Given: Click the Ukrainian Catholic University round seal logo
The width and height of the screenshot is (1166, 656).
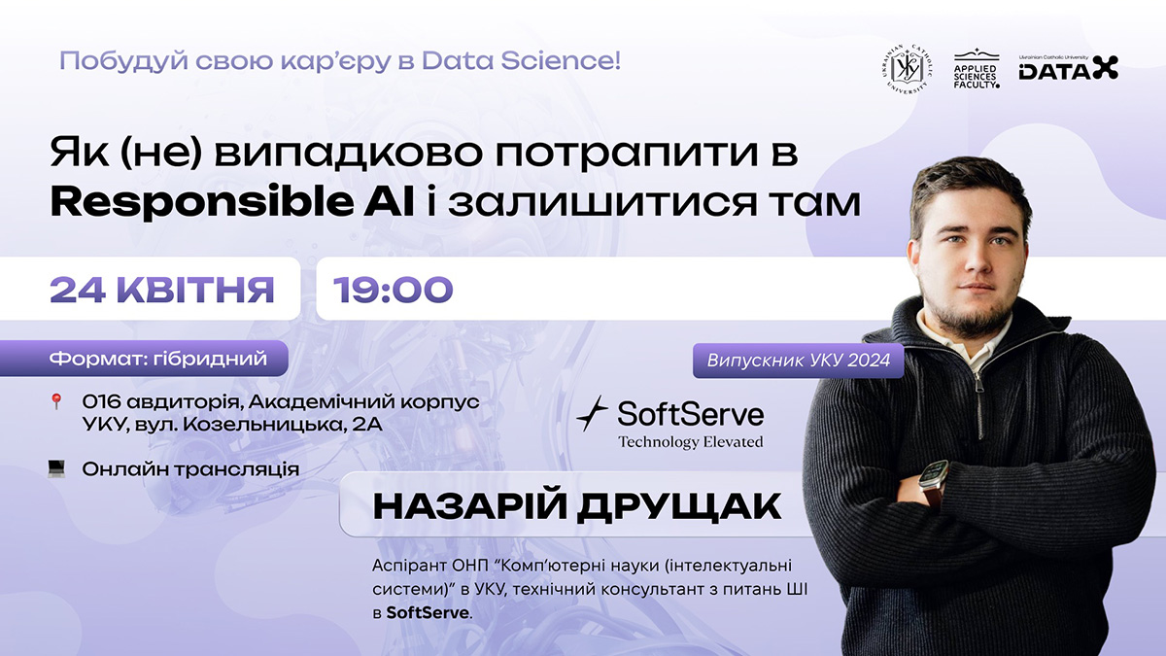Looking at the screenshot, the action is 907,69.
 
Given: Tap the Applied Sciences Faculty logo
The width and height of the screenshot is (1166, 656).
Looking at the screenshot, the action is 977,69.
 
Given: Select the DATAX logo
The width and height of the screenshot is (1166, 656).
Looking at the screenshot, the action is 1068,68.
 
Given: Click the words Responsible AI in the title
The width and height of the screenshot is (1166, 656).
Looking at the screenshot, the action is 232,203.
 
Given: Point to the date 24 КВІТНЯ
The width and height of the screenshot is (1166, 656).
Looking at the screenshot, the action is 162,290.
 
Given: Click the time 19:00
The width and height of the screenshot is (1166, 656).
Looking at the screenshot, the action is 393,290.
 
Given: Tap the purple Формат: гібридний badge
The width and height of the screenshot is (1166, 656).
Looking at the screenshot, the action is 144,359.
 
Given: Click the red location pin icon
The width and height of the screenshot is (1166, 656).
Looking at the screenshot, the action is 56,401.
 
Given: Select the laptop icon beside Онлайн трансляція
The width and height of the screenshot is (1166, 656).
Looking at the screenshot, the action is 56,468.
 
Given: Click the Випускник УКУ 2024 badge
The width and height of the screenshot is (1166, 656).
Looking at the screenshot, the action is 798,361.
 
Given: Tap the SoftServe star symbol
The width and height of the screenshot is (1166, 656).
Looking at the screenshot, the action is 593,414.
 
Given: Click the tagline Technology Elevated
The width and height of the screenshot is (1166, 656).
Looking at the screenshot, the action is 691,442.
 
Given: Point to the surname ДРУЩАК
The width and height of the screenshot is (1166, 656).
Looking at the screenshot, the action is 679,506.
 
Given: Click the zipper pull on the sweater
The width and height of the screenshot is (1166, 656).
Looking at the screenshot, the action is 978,384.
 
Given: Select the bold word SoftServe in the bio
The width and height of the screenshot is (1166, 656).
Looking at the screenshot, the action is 428,613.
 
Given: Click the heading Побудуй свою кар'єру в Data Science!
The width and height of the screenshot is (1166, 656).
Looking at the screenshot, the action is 340,61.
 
